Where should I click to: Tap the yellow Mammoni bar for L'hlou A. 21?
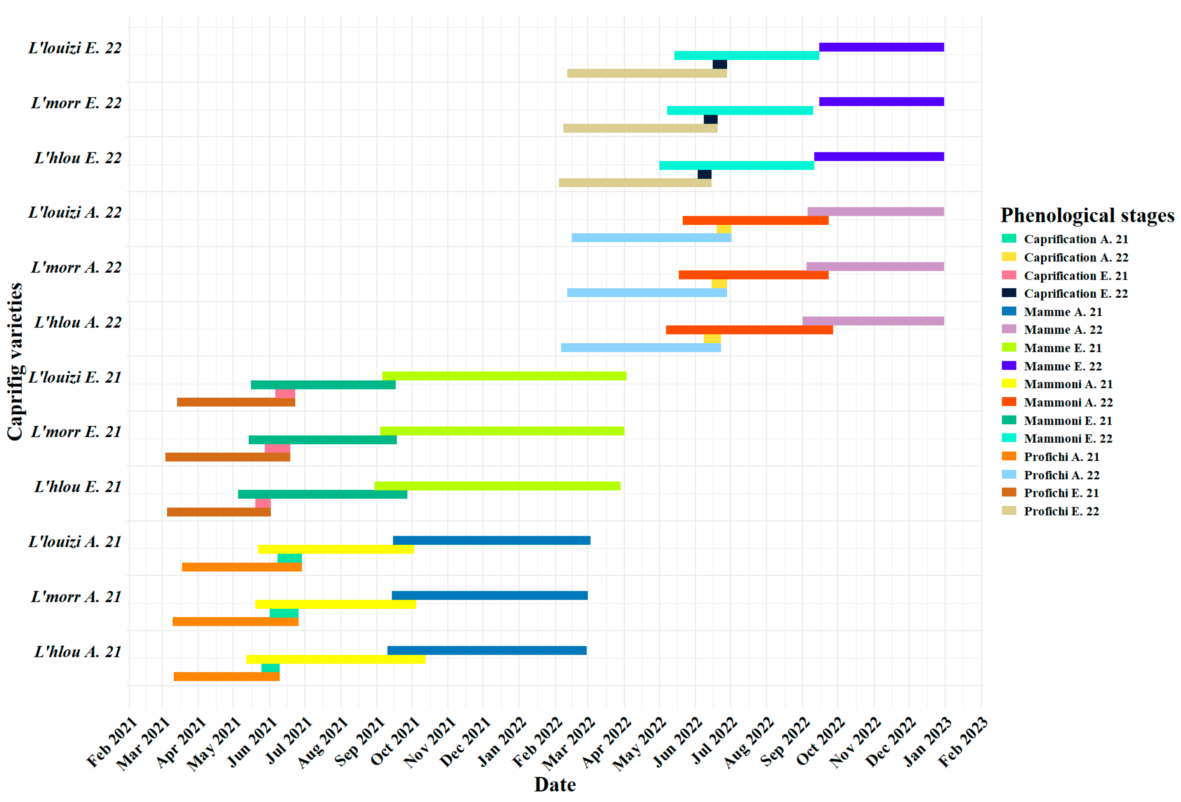pos(336,659)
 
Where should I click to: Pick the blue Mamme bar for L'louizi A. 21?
pos(491,540)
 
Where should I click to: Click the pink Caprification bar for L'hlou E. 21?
pos(263,503)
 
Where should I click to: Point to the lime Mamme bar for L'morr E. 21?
pos(502,431)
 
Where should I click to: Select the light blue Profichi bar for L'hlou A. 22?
pos(641,348)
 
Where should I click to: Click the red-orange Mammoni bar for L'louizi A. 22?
pos(756,220)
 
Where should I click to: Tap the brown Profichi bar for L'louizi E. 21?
pos(236,402)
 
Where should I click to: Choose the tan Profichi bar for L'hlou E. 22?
pos(635,182)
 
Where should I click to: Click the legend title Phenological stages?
pos(1088,215)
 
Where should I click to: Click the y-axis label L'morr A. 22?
pos(76,267)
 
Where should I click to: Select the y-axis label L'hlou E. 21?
pos(78,487)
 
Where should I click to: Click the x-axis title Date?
pos(555,784)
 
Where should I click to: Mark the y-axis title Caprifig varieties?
pos(15,362)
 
